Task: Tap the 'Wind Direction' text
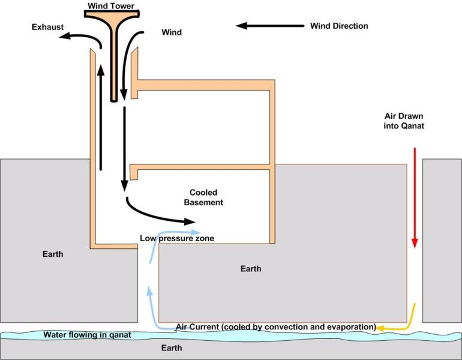[339, 26]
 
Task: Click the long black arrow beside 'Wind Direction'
[270, 26]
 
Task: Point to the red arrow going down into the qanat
[414, 198]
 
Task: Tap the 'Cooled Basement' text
[206, 197]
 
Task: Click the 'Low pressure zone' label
[177, 238]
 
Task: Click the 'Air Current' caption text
[275, 327]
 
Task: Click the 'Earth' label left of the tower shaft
[52, 254]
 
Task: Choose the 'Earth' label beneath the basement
[250, 268]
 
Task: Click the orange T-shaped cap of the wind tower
[113, 18]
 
